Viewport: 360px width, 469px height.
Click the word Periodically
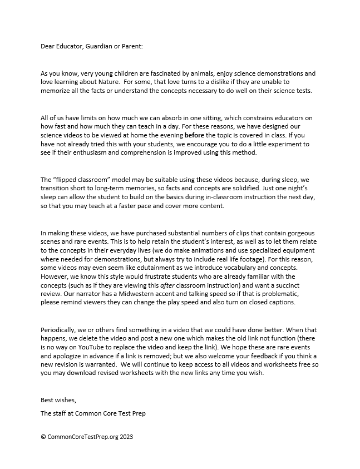61,330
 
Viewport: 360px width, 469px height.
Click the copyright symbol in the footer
43,437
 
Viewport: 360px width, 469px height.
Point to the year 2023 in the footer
125,437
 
